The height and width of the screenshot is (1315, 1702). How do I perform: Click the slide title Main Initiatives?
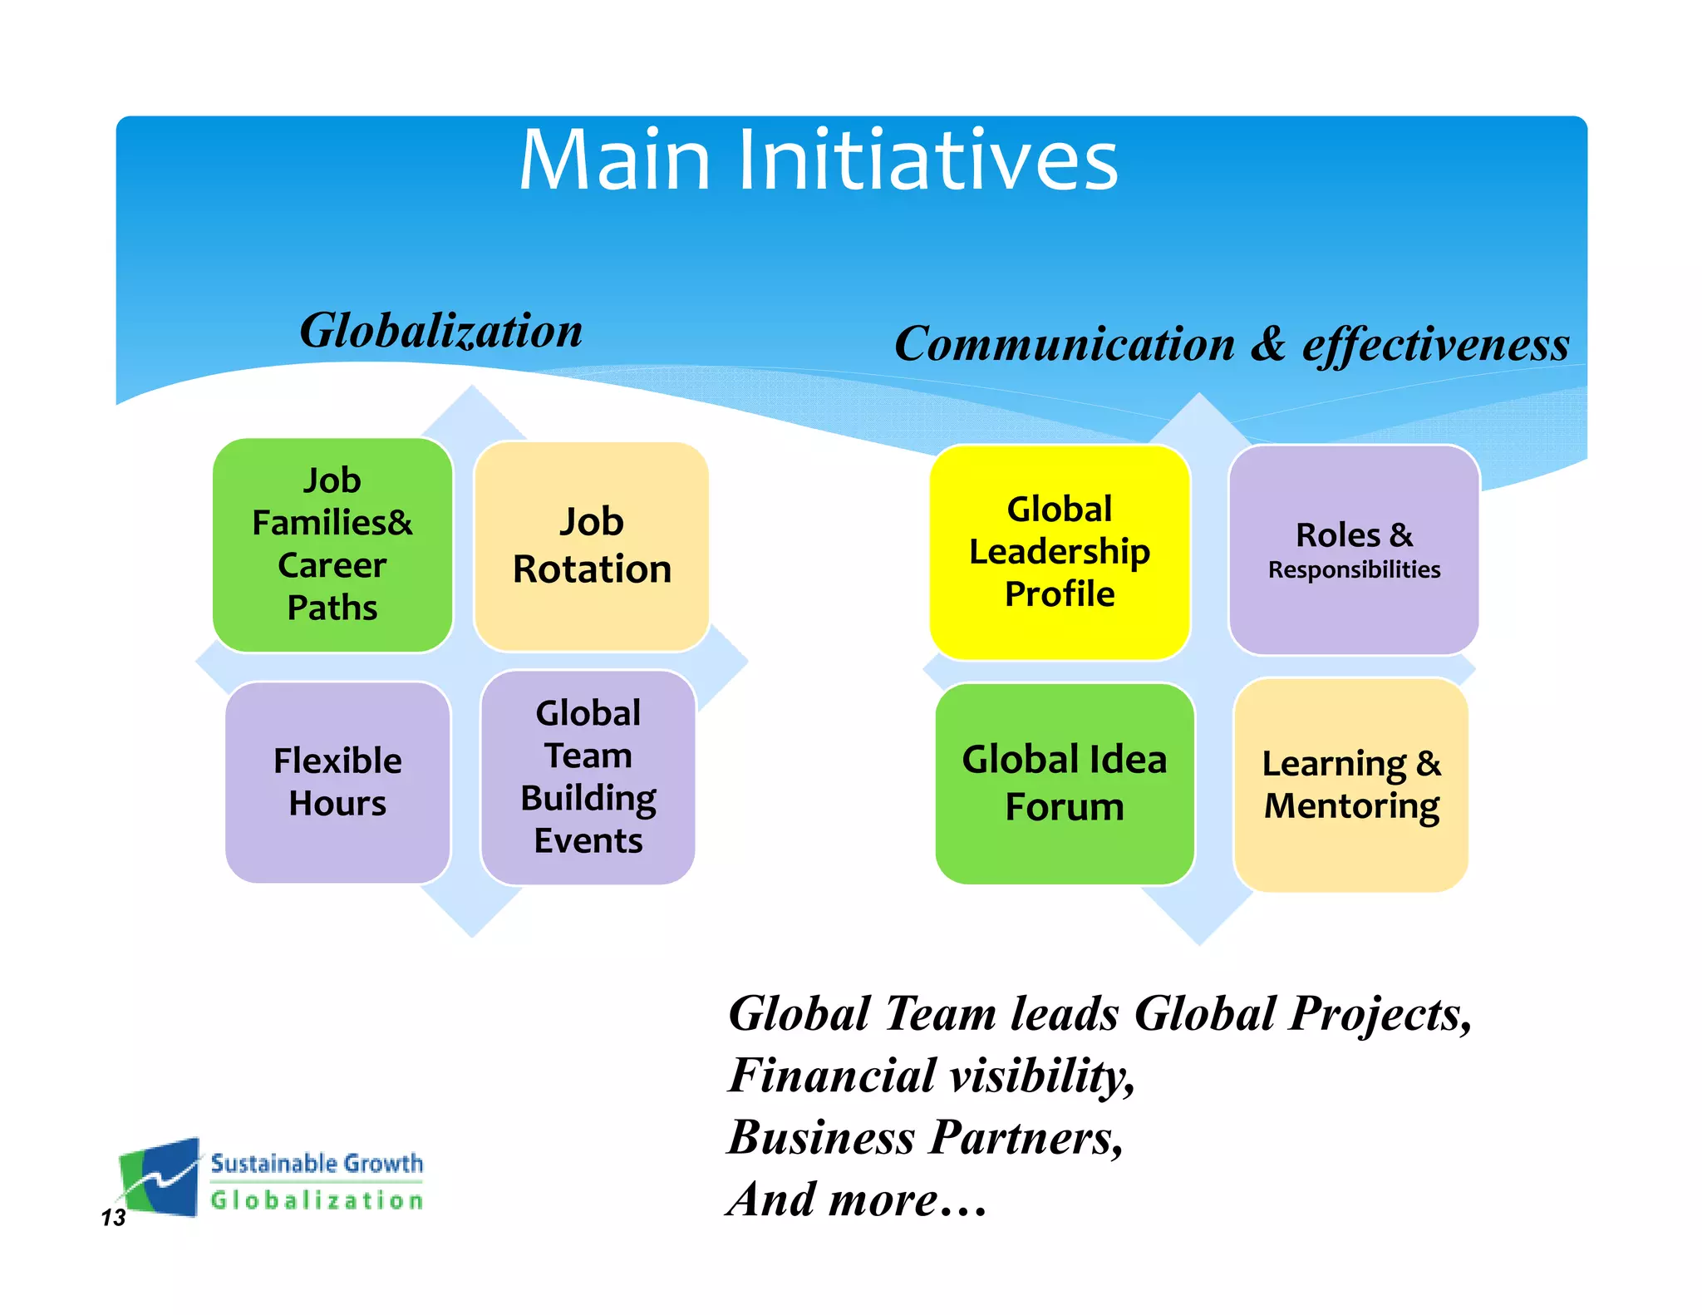pyautogui.click(x=819, y=160)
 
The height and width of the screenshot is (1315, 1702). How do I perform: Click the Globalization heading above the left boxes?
pyautogui.click(x=441, y=331)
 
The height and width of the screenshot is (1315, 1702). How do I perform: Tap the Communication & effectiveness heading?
pyautogui.click(x=1232, y=344)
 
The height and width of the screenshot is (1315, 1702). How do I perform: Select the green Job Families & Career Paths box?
pyautogui.click(x=332, y=544)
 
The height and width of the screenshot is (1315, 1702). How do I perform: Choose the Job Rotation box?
pyautogui.click(x=592, y=546)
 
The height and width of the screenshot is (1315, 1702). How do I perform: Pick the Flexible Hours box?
pyautogui.click(x=337, y=782)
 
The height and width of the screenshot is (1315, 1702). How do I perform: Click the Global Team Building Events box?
pyautogui.click(x=588, y=777)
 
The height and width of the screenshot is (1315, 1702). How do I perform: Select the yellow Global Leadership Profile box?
pyautogui.click(x=1060, y=552)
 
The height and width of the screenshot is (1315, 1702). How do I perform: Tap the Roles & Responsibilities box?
pyautogui.click(x=1354, y=549)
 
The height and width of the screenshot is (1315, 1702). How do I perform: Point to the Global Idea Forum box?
pyautogui.click(x=1065, y=783)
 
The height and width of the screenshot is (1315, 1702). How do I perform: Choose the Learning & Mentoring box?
pyautogui.click(x=1351, y=785)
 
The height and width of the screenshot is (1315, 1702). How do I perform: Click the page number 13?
pyautogui.click(x=113, y=1218)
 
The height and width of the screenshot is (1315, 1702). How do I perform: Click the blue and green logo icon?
pyautogui.click(x=159, y=1177)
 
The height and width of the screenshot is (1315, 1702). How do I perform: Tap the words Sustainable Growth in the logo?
pyautogui.click(x=317, y=1163)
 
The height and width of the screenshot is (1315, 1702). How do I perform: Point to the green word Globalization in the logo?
pyautogui.click(x=317, y=1200)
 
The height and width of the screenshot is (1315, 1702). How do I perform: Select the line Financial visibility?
pyautogui.click(x=932, y=1076)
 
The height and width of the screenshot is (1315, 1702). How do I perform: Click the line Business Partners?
pyautogui.click(x=925, y=1137)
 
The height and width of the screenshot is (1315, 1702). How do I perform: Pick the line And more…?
pyautogui.click(x=857, y=1199)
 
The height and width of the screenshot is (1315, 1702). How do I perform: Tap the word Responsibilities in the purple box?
pyautogui.click(x=1354, y=570)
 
